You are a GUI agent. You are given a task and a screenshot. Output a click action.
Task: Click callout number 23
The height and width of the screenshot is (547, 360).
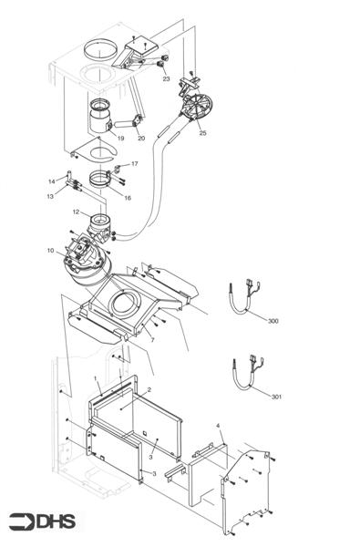click(x=166, y=79)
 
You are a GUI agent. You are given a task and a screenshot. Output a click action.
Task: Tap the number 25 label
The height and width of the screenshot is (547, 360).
click(x=202, y=133)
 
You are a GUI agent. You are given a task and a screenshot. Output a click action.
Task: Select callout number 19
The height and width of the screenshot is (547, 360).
click(x=120, y=139)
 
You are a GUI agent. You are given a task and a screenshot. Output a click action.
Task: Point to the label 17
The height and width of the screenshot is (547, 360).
click(x=134, y=164)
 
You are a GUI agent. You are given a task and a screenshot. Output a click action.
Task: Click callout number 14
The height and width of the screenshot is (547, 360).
click(x=51, y=181)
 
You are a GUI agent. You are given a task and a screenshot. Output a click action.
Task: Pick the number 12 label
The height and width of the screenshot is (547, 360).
click(x=77, y=212)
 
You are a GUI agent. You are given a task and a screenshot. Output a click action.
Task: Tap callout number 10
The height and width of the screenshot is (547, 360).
click(x=50, y=250)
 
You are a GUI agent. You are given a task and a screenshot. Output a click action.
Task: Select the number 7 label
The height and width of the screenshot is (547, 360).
click(x=151, y=339)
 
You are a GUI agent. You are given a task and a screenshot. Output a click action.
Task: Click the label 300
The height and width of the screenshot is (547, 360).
click(x=274, y=322)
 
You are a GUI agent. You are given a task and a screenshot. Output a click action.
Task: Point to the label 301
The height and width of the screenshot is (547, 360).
click(x=276, y=397)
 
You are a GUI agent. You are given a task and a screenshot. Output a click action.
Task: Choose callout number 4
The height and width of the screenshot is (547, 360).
click(x=218, y=426)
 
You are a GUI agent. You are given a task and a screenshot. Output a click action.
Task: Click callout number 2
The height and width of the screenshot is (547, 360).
click(x=149, y=390)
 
